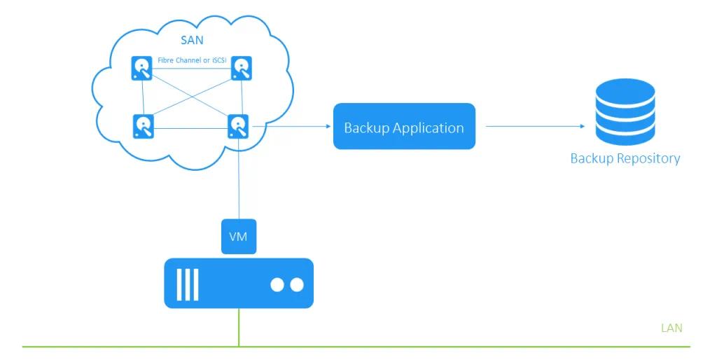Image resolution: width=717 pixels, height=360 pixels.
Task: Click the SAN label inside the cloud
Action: [x=192, y=41]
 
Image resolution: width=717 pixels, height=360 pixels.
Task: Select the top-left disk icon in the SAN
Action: [x=143, y=69]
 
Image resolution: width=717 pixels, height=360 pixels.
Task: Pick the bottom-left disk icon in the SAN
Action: [x=143, y=126]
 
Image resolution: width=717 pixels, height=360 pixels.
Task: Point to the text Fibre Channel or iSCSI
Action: [x=193, y=61]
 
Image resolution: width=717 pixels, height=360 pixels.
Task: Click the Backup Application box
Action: [x=404, y=127]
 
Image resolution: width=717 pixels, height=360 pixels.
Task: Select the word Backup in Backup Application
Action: [x=366, y=128]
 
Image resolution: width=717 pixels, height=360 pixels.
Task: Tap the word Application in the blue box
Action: [x=428, y=129]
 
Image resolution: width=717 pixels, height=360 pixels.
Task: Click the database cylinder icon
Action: [x=625, y=112]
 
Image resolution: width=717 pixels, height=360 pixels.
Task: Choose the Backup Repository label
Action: [x=625, y=158]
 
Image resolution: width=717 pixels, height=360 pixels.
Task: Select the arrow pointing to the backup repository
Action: [x=535, y=127]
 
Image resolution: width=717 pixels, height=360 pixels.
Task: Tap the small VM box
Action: [x=239, y=237]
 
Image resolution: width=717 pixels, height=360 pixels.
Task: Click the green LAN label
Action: [x=671, y=328]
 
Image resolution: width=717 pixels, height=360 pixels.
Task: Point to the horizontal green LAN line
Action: [x=420, y=347]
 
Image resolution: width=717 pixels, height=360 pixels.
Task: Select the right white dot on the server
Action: [x=297, y=285]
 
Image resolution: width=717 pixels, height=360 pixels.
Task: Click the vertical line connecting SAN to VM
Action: [x=239, y=182]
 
